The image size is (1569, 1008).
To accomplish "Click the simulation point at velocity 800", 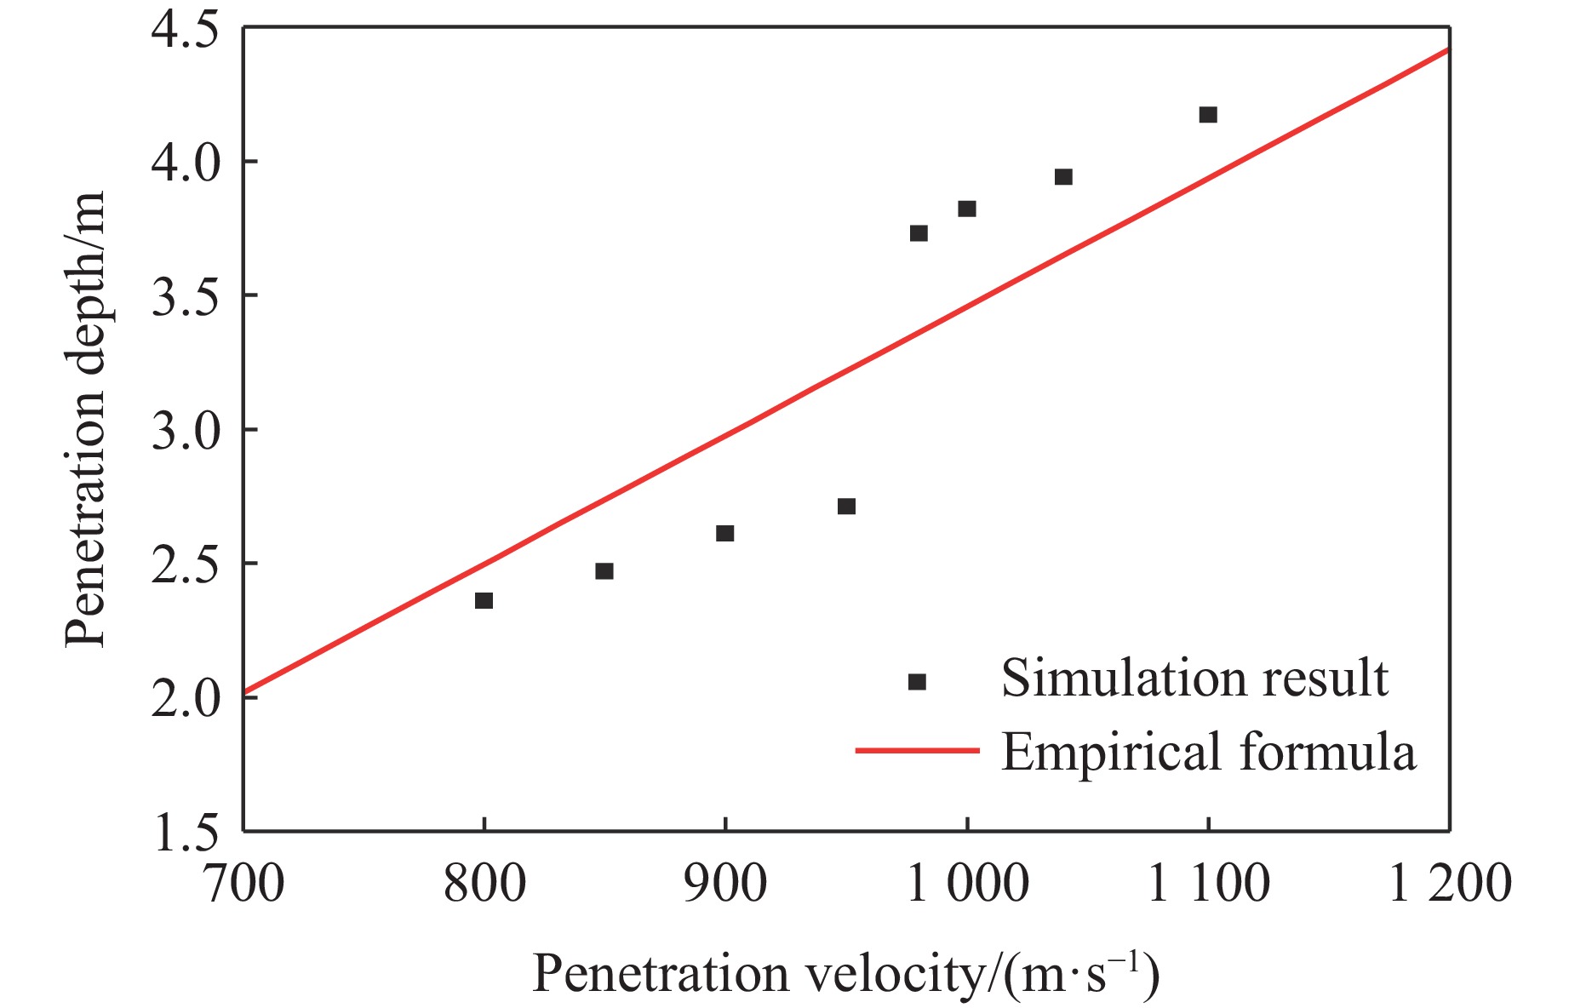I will [484, 601].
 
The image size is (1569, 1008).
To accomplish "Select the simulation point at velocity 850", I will [604, 571].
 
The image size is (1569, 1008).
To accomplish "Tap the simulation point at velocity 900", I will [724, 534].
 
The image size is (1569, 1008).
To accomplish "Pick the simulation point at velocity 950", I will [846, 507].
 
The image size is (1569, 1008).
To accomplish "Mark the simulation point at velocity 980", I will [919, 233].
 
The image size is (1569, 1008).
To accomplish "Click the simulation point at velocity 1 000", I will [967, 209].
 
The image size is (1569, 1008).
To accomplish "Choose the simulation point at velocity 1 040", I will [1063, 177].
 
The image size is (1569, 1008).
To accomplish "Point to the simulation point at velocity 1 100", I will [1208, 115].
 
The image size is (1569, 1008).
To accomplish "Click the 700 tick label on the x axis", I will [243, 883].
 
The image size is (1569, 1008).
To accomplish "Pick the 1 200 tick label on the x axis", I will [1450, 883].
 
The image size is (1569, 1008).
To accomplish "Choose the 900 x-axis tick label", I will [725, 883].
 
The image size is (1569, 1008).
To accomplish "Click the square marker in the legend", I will [917, 682].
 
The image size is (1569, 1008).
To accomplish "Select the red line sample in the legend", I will [917, 751].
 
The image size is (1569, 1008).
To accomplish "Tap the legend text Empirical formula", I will [1208, 753].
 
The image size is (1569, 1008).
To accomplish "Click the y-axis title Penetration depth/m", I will [86, 419].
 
